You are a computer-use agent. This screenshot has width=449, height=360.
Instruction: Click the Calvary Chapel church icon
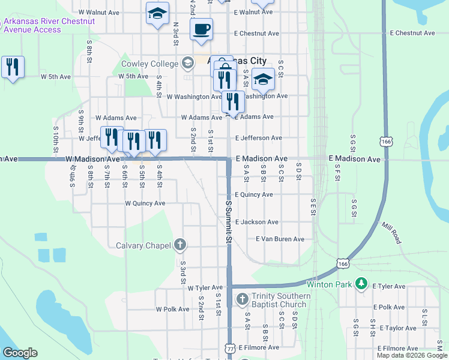(x=179, y=244)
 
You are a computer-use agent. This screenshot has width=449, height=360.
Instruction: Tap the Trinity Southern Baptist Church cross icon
(x=242, y=299)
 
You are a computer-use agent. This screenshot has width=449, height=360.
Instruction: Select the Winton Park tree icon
(x=361, y=283)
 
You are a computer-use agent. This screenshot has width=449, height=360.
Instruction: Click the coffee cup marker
(x=201, y=28)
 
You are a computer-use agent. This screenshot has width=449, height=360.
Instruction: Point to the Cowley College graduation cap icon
(x=187, y=63)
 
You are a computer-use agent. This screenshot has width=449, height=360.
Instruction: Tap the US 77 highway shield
(x=231, y=349)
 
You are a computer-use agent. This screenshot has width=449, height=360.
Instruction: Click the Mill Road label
(x=393, y=232)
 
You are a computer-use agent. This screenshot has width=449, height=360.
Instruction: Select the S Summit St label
(x=228, y=221)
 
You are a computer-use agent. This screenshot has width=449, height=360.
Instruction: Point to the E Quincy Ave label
(x=254, y=194)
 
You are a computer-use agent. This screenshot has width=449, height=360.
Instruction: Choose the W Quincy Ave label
(x=145, y=203)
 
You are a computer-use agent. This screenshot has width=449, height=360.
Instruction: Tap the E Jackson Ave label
(x=257, y=222)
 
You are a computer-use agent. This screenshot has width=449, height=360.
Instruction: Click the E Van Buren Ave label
(x=280, y=239)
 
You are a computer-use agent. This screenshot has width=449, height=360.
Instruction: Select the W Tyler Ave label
(x=205, y=288)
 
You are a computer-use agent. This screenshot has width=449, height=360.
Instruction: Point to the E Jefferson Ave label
(x=259, y=138)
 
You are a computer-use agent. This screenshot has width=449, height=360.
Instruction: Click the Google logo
(x=20, y=353)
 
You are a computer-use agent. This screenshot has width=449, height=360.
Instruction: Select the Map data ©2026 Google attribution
(x=412, y=355)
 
